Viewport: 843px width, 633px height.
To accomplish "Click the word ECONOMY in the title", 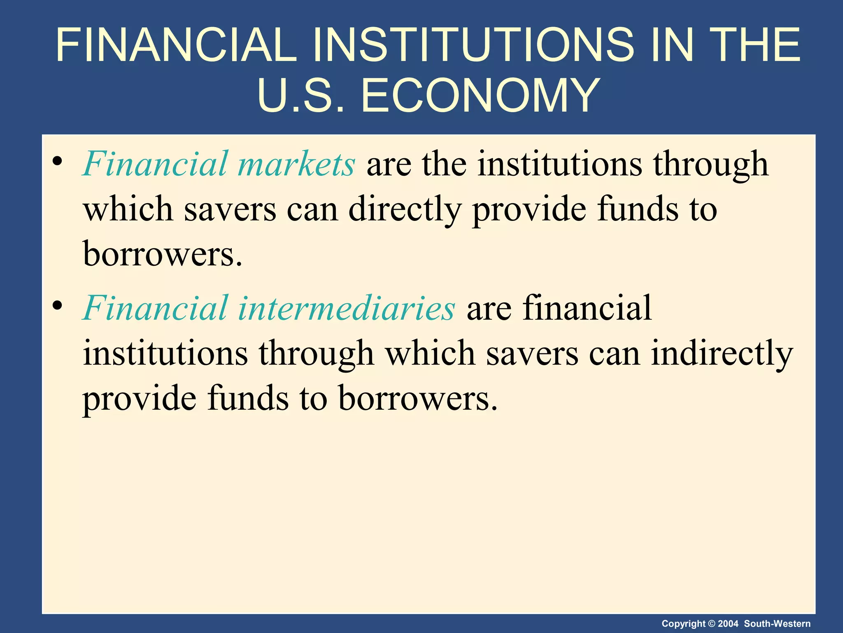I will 480,96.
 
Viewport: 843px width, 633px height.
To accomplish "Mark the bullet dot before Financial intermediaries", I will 58,305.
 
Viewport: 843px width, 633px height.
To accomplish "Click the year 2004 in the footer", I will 728,624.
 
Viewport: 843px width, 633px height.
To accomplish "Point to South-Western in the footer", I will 777,624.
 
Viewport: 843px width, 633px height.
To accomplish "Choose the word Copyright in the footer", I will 683,624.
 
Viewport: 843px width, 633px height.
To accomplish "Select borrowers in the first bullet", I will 163,254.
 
